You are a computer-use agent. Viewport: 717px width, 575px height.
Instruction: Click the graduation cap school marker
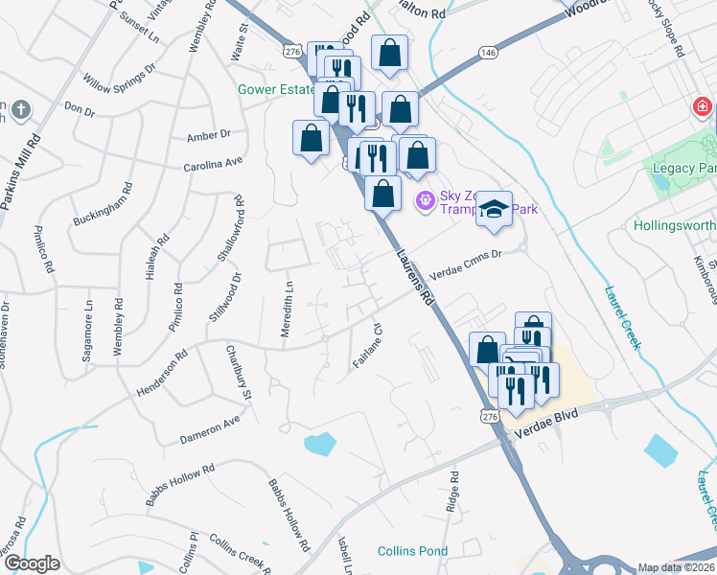(494, 209)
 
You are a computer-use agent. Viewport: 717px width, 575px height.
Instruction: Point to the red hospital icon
(703, 105)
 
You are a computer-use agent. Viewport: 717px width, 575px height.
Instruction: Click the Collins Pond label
(412, 551)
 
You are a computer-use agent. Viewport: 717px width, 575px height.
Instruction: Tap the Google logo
(32, 563)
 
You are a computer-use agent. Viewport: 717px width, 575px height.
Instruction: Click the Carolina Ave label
(214, 164)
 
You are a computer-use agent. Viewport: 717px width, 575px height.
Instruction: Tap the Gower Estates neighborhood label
(277, 91)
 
